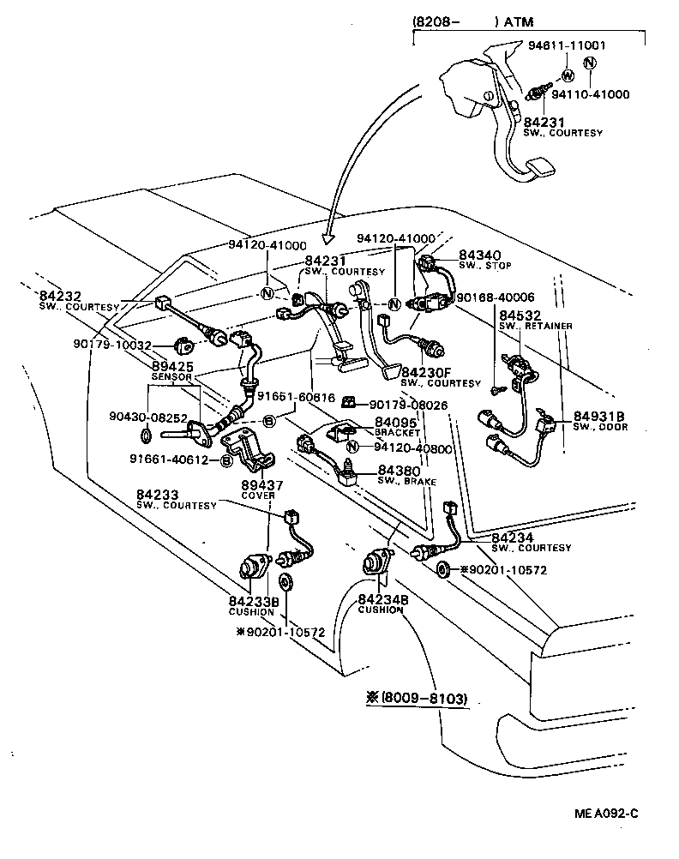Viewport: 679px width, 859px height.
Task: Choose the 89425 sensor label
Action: (x=173, y=366)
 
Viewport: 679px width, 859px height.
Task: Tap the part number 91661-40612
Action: (x=169, y=460)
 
